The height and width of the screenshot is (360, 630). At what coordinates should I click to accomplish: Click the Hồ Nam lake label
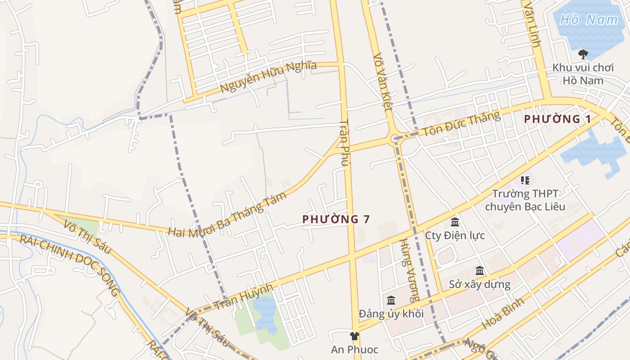click(x=589, y=19)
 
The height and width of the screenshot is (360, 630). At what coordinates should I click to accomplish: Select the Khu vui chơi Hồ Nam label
click(x=583, y=74)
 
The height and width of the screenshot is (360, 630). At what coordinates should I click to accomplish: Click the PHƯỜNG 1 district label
click(x=557, y=119)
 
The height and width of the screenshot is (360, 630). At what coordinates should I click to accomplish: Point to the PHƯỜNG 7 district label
click(x=336, y=219)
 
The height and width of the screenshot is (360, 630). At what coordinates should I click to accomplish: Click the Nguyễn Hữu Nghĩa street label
click(x=268, y=76)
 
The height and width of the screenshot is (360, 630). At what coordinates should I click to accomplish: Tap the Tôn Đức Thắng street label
click(x=461, y=124)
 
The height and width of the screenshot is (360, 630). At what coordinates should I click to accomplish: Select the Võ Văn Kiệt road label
click(x=383, y=83)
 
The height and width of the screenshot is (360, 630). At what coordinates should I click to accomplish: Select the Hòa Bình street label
click(x=503, y=313)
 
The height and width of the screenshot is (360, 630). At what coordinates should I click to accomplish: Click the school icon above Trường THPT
click(x=525, y=180)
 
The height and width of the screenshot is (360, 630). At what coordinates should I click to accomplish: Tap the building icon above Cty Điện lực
click(x=454, y=222)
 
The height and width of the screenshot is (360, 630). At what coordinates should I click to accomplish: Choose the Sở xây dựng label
click(x=480, y=284)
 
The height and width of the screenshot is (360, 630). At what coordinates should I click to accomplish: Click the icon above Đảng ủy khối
click(x=391, y=300)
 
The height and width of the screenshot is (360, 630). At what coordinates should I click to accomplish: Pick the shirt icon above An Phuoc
click(x=355, y=336)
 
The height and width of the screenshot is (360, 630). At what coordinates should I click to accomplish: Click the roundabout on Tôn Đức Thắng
click(x=395, y=138)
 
